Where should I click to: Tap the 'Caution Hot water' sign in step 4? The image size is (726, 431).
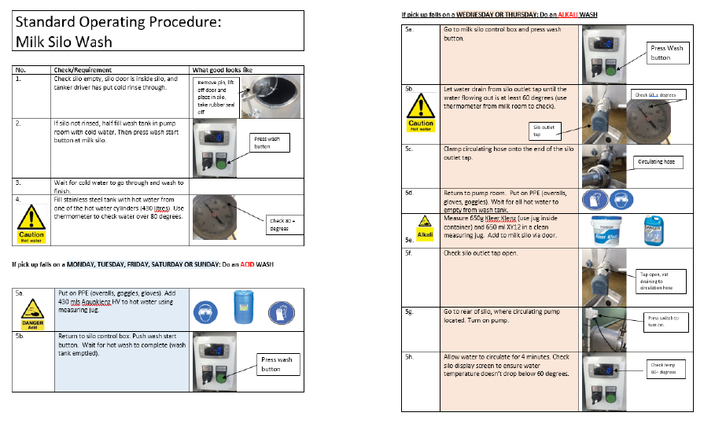[32, 223]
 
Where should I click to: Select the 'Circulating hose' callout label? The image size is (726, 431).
[658, 162]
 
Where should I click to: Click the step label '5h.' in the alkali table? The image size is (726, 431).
[409, 356]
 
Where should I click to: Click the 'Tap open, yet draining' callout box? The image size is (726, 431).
[660, 281]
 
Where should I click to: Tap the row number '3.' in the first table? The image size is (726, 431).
[18, 182]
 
